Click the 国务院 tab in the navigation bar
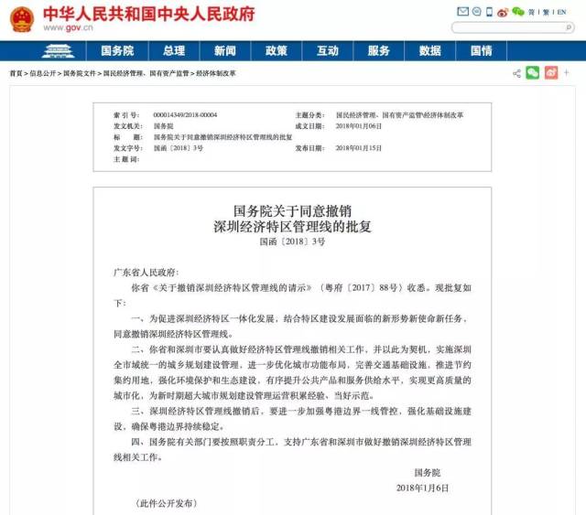(x=116, y=51)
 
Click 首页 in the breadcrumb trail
(x=16, y=72)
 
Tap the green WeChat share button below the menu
(x=533, y=72)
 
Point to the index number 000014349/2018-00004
(x=188, y=116)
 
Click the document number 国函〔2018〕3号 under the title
(x=292, y=241)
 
